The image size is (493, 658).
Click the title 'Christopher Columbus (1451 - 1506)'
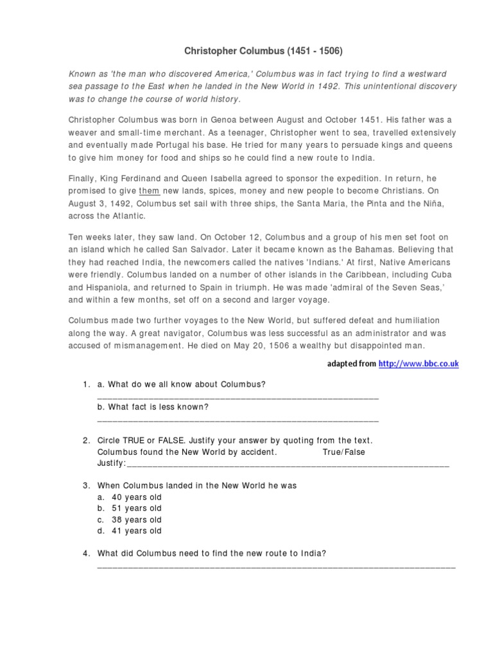[246, 50]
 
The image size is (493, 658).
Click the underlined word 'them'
[149, 191]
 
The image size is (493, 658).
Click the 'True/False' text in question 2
[343, 452]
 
